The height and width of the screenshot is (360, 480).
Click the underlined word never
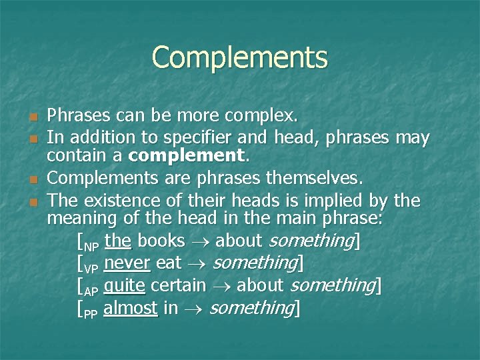[x=127, y=263]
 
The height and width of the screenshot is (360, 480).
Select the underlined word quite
[x=124, y=286]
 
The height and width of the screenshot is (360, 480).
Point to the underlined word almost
[x=131, y=308]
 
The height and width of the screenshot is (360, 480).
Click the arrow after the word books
[x=203, y=241]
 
